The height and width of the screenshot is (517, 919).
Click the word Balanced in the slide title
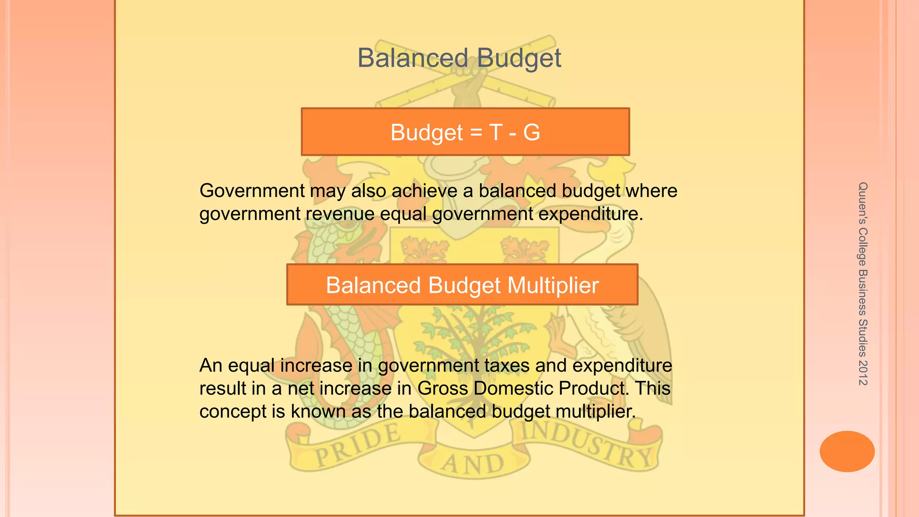[412, 58]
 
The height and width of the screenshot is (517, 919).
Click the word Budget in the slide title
[519, 59]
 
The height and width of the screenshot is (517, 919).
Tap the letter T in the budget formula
[495, 132]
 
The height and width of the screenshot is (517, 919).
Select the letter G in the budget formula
[531, 132]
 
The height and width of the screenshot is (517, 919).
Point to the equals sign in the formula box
[476, 133]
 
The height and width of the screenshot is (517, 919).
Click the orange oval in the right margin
[847, 451]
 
